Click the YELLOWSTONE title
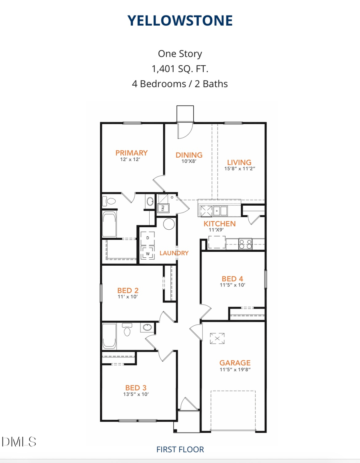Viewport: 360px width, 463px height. [180, 20]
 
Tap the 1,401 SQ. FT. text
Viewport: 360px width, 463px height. [180, 69]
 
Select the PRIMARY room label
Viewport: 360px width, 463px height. [131, 152]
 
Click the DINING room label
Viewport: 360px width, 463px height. [189, 155]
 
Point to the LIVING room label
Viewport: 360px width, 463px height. [239, 162]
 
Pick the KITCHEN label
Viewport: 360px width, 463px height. [220, 224]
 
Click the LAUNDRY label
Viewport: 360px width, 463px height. [174, 253]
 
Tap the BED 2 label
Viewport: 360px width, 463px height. [128, 290]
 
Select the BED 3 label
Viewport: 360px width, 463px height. [136, 387]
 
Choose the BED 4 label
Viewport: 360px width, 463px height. [232, 279]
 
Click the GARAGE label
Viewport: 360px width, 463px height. [235, 363]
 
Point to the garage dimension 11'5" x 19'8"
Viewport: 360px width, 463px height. [235, 370]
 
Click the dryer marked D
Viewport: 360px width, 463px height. [148, 238]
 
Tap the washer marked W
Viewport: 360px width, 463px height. [148, 253]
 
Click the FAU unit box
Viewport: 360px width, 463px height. [163, 208]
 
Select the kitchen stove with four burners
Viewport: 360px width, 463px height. [245, 244]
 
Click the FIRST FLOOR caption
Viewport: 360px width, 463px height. [180, 449]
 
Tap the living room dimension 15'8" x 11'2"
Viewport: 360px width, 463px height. [239, 169]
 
